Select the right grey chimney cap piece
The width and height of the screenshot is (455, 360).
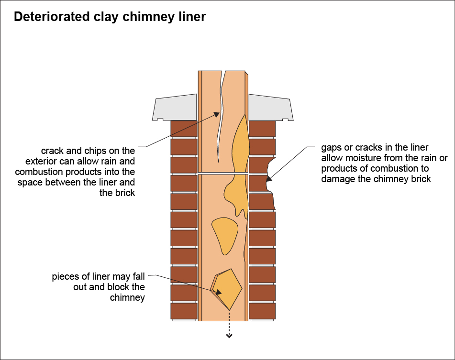270,108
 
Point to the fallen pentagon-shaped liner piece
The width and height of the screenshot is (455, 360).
228,288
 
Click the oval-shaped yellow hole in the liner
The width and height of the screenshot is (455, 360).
225,234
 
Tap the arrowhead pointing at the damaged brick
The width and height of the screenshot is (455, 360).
269,180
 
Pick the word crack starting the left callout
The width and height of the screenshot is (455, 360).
52,151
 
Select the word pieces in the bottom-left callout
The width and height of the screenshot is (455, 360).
65,277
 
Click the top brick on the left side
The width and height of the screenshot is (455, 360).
184,128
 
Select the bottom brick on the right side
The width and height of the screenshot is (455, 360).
262,311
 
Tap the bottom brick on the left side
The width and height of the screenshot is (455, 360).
184,311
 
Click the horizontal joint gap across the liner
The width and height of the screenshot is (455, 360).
223,173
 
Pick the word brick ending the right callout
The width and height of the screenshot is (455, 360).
421,179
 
